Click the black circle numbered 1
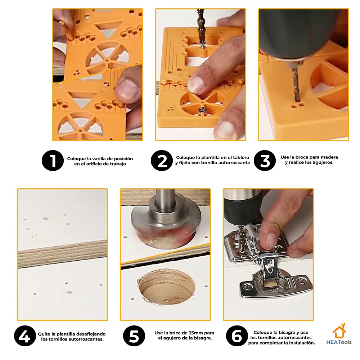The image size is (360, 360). [x=53, y=161]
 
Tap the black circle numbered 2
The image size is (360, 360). [x=162, y=161]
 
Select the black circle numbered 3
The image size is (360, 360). [x=265, y=161]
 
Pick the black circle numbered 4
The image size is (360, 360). [x=25, y=336]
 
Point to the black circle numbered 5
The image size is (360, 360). [x=134, y=336]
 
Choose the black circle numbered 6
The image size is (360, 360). [x=237, y=336]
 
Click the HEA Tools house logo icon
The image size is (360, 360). [x=339, y=330]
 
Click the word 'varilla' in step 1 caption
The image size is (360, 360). [x=94, y=159]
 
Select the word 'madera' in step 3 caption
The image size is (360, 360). [x=329, y=157]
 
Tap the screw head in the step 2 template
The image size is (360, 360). [x=202, y=111]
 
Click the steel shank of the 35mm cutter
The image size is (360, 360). [x=165, y=200]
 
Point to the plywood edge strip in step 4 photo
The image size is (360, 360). [x=62, y=254]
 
